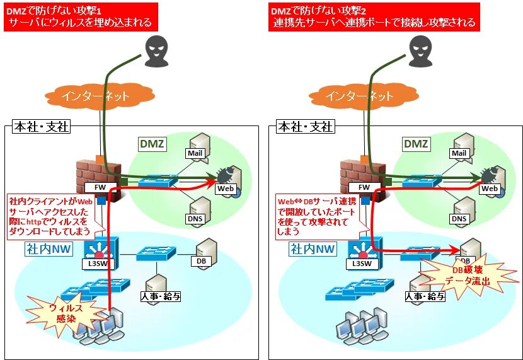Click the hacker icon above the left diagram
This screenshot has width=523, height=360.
[x=154, y=50]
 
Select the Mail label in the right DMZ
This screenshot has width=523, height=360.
[x=459, y=153]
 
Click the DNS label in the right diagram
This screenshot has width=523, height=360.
[x=459, y=219]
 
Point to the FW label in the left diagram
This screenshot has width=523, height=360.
[x=100, y=188]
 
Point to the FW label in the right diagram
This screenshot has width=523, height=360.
[x=364, y=188]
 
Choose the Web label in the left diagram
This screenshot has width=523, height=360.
[x=225, y=189]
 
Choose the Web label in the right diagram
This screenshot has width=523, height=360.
[x=490, y=189]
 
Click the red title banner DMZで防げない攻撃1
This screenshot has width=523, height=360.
[x=79, y=17]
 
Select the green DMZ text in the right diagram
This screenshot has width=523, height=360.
[x=416, y=144]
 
